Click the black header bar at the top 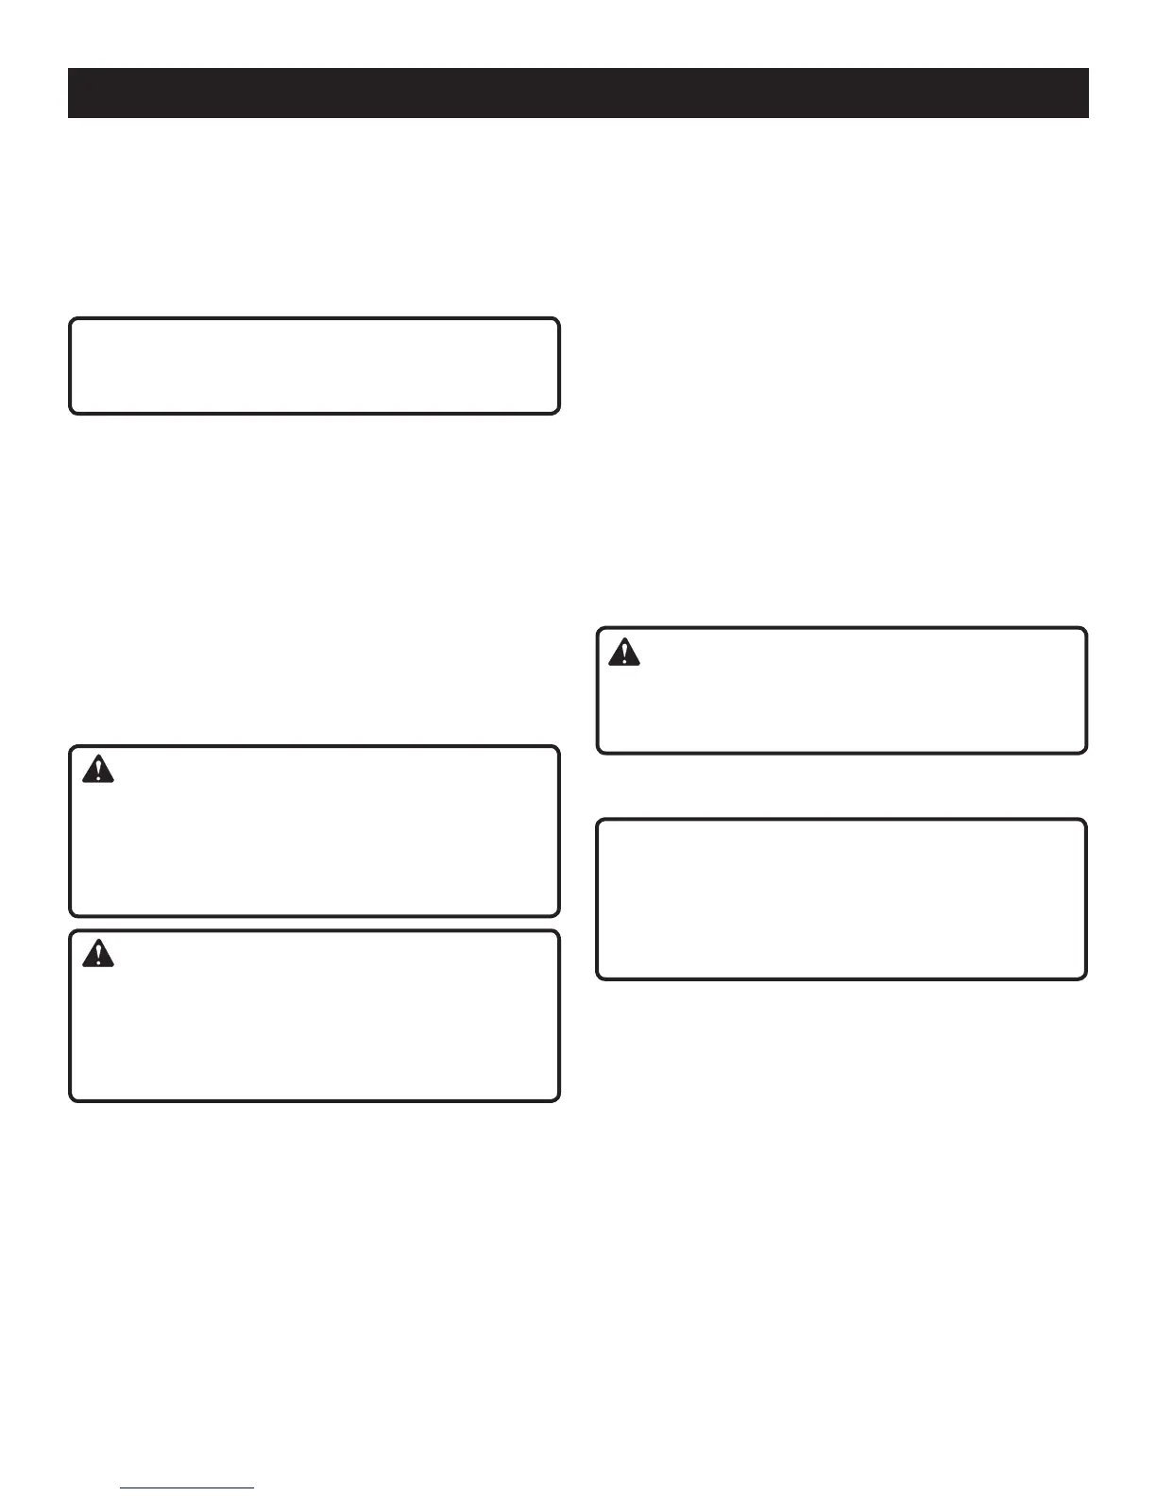tap(578, 93)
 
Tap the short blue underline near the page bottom tap(188, 1488)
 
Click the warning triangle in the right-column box tap(623, 653)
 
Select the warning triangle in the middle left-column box tap(97, 770)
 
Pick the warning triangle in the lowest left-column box tap(97, 954)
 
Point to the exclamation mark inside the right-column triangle tap(623, 654)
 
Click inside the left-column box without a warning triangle tap(314, 365)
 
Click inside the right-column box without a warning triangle tap(841, 899)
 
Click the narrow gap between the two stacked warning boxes tap(314, 924)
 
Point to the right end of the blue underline tap(253, 1488)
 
